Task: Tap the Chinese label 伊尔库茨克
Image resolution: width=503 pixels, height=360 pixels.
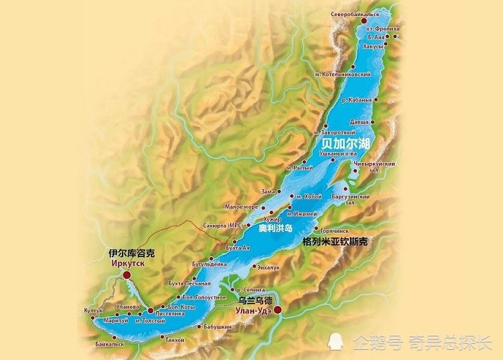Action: (132, 254)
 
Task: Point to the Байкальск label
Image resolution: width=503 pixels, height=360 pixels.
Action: (110, 344)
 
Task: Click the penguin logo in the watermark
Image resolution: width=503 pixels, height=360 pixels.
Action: (341, 341)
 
